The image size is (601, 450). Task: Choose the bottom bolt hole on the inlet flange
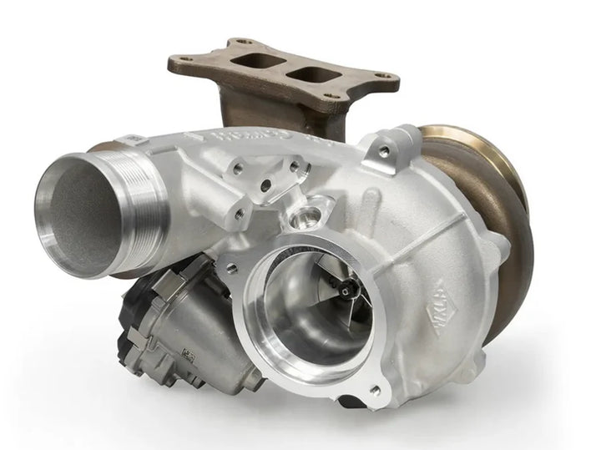coord(374,389)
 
